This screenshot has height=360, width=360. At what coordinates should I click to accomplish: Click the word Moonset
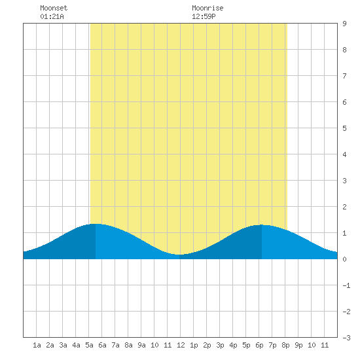(54, 8)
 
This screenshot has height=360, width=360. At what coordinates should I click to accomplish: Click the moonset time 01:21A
(52, 16)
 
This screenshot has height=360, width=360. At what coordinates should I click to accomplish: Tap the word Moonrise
(207, 8)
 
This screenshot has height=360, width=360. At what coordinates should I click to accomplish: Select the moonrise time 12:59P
(204, 16)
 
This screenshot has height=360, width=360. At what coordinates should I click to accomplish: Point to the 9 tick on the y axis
(344, 24)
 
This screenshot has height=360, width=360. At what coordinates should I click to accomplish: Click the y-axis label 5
(344, 128)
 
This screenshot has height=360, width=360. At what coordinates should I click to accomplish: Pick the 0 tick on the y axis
(344, 259)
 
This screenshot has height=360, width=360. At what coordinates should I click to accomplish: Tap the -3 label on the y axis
(346, 338)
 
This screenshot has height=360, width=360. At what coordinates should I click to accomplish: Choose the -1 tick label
(346, 285)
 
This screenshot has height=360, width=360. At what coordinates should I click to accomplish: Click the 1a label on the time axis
(37, 345)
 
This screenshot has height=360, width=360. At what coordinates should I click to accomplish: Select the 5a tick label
(89, 345)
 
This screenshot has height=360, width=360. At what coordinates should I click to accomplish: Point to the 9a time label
(141, 345)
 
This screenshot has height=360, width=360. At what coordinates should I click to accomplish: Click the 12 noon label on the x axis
(181, 345)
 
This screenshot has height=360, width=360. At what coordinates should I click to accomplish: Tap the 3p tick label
(220, 345)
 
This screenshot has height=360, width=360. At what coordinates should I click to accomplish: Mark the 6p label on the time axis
(259, 345)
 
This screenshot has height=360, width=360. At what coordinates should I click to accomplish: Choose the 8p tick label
(285, 345)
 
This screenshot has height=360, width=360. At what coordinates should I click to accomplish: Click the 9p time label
(298, 345)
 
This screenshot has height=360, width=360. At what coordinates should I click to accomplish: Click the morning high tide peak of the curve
(96, 224)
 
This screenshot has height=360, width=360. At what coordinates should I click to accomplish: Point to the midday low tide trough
(179, 255)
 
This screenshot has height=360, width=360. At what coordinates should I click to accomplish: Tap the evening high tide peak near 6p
(262, 225)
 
